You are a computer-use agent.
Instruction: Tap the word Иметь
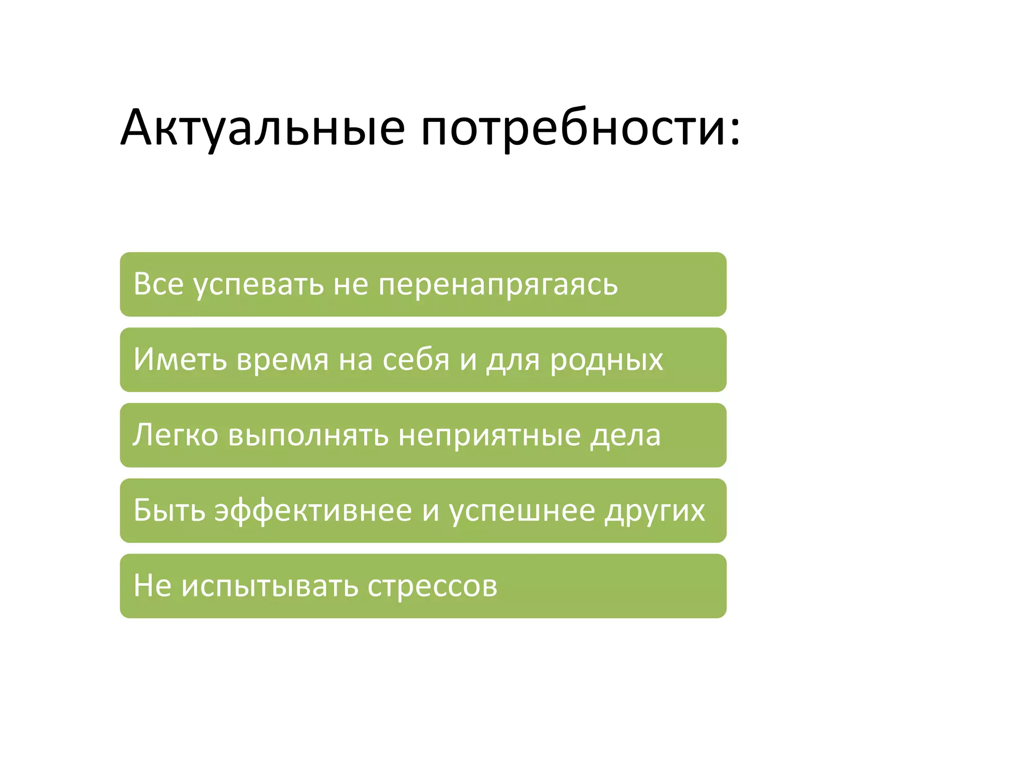pyautogui.click(x=180, y=359)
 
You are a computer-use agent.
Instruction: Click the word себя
pyautogui.click(x=416, y=359)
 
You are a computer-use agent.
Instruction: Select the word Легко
pyautogui.click(x=176, y=435)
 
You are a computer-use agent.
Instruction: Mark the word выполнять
pyautogui.click(x=308, y=435)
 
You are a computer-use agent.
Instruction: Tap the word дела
pyautogui.click(x=625, y=435)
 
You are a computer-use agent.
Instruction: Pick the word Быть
pyautogui.click(x=169, y=510)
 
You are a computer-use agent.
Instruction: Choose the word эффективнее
pyautogui.click(x=313, y=510)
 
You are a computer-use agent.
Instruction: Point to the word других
pyautogui.click(x=655, y=511)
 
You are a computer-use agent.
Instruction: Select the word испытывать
pyautogui.click(x=269, y=587)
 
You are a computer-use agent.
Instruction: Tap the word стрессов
pyautogui.click(x=432, y=587)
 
